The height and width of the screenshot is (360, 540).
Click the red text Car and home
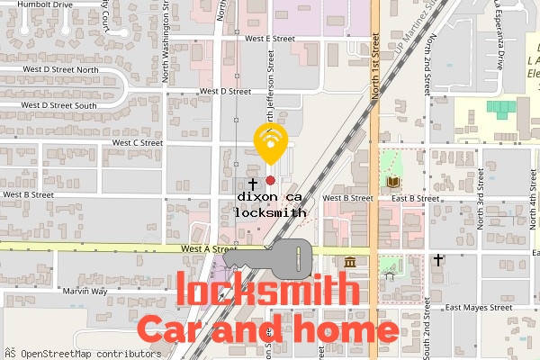tap(267, 329)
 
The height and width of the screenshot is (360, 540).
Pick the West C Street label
tap(137, 142)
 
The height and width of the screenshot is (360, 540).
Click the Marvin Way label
tap(85, 292)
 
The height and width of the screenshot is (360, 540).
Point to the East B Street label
tap(416, 198)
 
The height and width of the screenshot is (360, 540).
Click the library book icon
tap(392, 183)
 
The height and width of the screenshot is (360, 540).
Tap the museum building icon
tap(349, 261)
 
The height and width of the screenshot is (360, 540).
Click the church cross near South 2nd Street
tap(438, 260)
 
